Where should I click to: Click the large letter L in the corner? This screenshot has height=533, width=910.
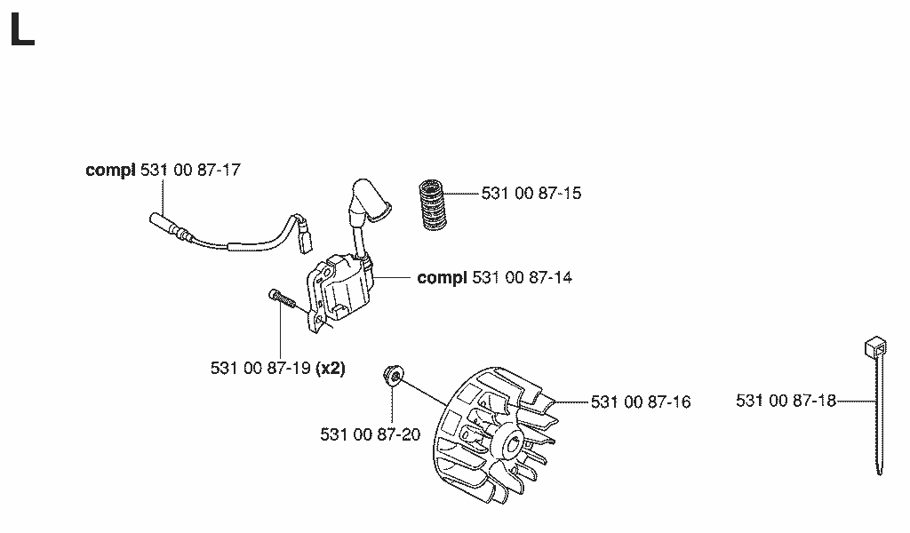[x=22, y=30]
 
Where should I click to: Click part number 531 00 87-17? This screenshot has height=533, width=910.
[x=190, y=170]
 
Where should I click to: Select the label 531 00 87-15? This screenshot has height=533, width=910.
[x=531, y=193]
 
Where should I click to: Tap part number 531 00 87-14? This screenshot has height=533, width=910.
[x=522, y=278]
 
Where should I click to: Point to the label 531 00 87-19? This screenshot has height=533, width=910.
[x=260, y=369]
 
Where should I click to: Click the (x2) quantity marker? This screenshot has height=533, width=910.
[x=331, y=369]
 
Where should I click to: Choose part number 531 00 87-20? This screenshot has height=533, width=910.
[x=371, y=434]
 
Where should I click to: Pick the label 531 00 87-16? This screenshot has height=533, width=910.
[x=641, y=402]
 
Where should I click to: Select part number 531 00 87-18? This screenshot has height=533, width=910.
[x=786, y=401]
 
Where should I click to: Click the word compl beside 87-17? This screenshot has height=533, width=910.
[x=110, y=171]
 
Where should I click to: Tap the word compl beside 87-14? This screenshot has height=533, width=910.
[x=443, y=278]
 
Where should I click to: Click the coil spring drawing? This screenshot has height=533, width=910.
[x=432, y=204]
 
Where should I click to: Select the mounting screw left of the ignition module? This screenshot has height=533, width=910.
[x=283, y=300]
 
